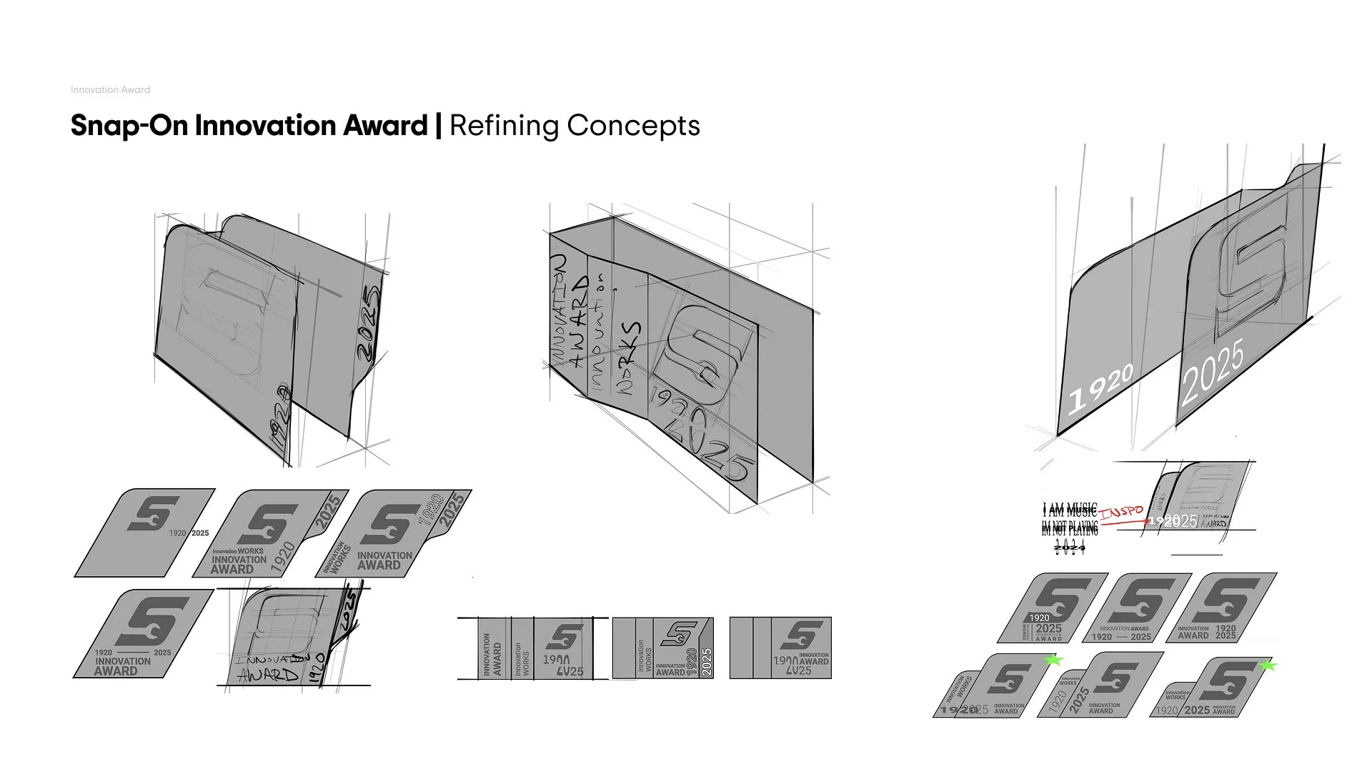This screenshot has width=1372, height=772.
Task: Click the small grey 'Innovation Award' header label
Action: click(110, 90)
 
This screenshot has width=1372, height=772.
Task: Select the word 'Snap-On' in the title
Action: click(129, 126)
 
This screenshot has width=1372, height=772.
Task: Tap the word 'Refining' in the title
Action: click(504, 126)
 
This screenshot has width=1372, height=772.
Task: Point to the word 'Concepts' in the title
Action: click(633, 126)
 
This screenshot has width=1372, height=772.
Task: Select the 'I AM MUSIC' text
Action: click(1069, 510)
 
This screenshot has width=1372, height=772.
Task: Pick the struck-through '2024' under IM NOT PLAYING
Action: click(1070, 547)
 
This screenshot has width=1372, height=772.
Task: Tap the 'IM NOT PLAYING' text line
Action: click(1070, 529)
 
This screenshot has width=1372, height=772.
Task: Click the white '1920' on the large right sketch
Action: click(1100, 387)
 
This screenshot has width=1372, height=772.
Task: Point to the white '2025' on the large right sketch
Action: click(1213, 372)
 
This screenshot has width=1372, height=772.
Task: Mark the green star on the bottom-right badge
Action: click(1268, 666)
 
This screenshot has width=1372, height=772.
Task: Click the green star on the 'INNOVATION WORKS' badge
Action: click(1053, 660)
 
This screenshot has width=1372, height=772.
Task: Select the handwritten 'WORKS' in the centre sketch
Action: click(629, 357)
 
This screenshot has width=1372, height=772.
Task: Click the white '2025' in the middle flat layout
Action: click(706, 662)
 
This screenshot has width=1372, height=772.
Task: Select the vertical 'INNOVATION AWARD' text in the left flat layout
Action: click(492, 654)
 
